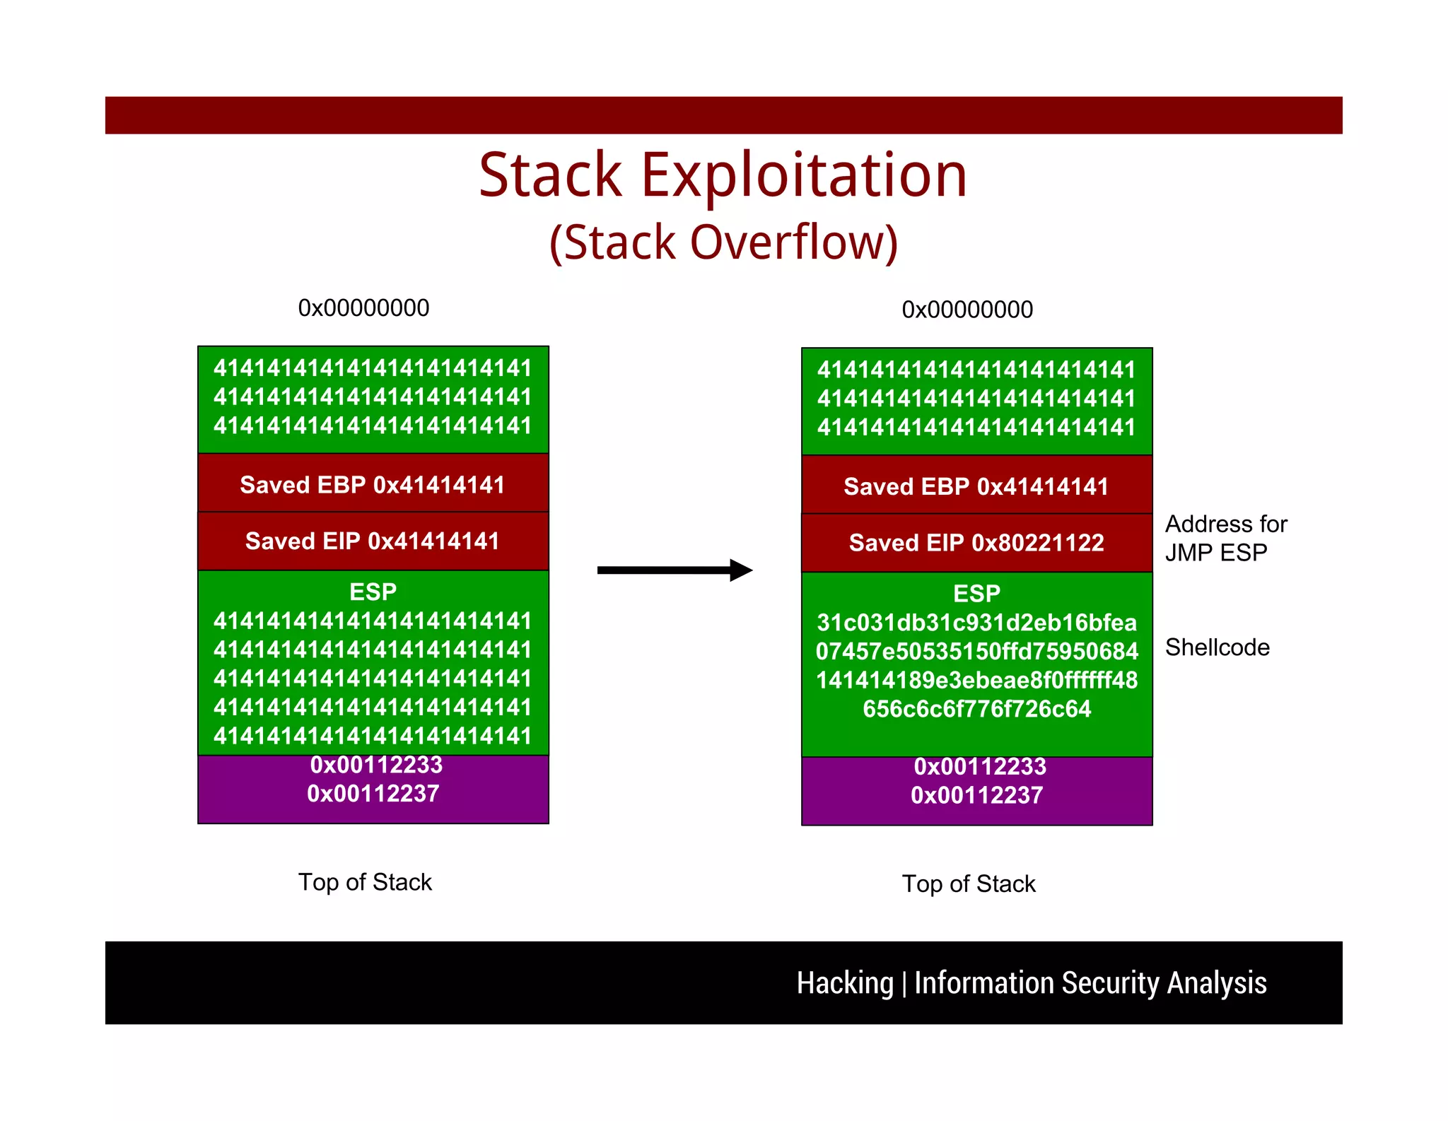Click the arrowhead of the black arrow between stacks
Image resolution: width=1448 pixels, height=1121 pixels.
(x=741, y=570)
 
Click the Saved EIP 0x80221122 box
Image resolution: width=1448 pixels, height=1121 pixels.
(x=976, y=543)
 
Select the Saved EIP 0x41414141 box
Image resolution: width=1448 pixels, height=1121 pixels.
(x=373, y=541)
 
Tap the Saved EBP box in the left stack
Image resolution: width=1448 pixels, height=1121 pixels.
(x=373, y=485)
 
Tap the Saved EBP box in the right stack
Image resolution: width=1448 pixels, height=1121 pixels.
(x=976, y=486)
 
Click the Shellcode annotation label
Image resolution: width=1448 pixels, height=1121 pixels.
(x=1217, y=647)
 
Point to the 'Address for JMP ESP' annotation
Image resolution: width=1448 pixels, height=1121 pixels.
(x=1225, y=539)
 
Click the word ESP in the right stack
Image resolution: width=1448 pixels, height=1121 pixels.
(x=976, y=594)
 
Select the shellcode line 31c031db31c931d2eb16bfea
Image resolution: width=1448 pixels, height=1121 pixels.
(x=976, y=623)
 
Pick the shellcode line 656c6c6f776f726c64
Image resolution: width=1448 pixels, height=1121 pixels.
(x=976, y=709)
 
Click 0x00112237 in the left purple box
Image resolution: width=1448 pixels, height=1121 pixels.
(x=373, y=794)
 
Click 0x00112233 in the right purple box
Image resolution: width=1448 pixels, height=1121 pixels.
(x=979, y=766)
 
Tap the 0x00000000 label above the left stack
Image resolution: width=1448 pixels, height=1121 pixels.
(x=363, y=308)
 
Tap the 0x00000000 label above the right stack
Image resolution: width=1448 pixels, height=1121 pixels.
(x=967, y=310)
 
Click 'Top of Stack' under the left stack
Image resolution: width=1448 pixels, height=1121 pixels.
(x=365, y=882)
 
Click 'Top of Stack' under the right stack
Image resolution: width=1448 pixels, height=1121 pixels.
(x=969, y=884)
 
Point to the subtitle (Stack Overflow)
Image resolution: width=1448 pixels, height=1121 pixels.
(x=723, y=242)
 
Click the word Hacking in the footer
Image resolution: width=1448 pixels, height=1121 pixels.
(x=845, y=983)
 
